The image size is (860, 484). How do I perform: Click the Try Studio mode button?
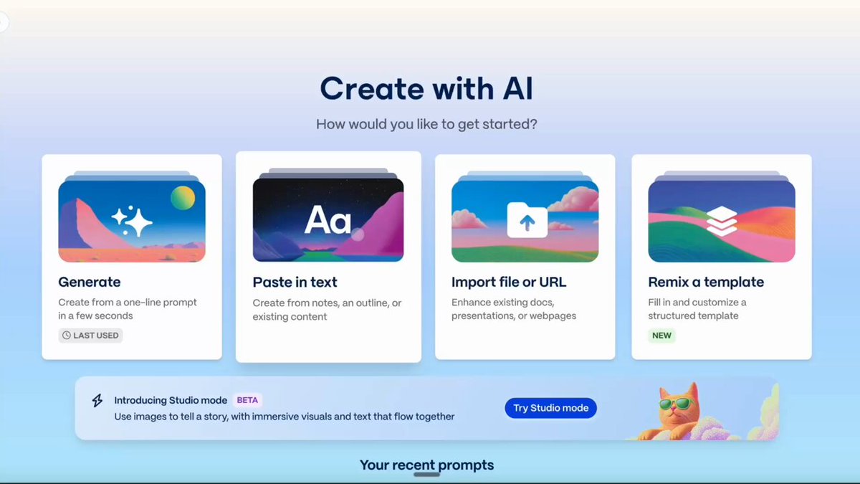click(550, 408)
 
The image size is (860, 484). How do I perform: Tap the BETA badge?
click(247, 400)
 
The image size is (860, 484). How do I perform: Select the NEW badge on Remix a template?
click(661, 336)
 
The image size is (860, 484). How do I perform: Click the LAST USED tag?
click(90, 336)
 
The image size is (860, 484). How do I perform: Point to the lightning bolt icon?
click(97, 400)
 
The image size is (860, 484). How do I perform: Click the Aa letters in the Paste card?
click(328, 219)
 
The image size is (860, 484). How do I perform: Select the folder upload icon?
click(527, 220)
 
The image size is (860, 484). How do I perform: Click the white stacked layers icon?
click(722, 221)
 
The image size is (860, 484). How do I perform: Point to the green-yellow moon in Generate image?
click(183, 198)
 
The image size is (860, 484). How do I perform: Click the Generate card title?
click(90, 283)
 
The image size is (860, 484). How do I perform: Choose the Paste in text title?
click(295, 283)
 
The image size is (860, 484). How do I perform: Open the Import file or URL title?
click(509, 283)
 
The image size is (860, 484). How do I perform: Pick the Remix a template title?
click(706, 283)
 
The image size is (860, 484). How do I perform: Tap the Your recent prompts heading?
click(426, 465)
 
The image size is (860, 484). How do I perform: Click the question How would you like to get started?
click(426, 124)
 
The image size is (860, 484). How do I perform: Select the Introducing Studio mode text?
click(171, 400)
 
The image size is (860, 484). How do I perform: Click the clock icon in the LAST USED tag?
click(67, 336)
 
